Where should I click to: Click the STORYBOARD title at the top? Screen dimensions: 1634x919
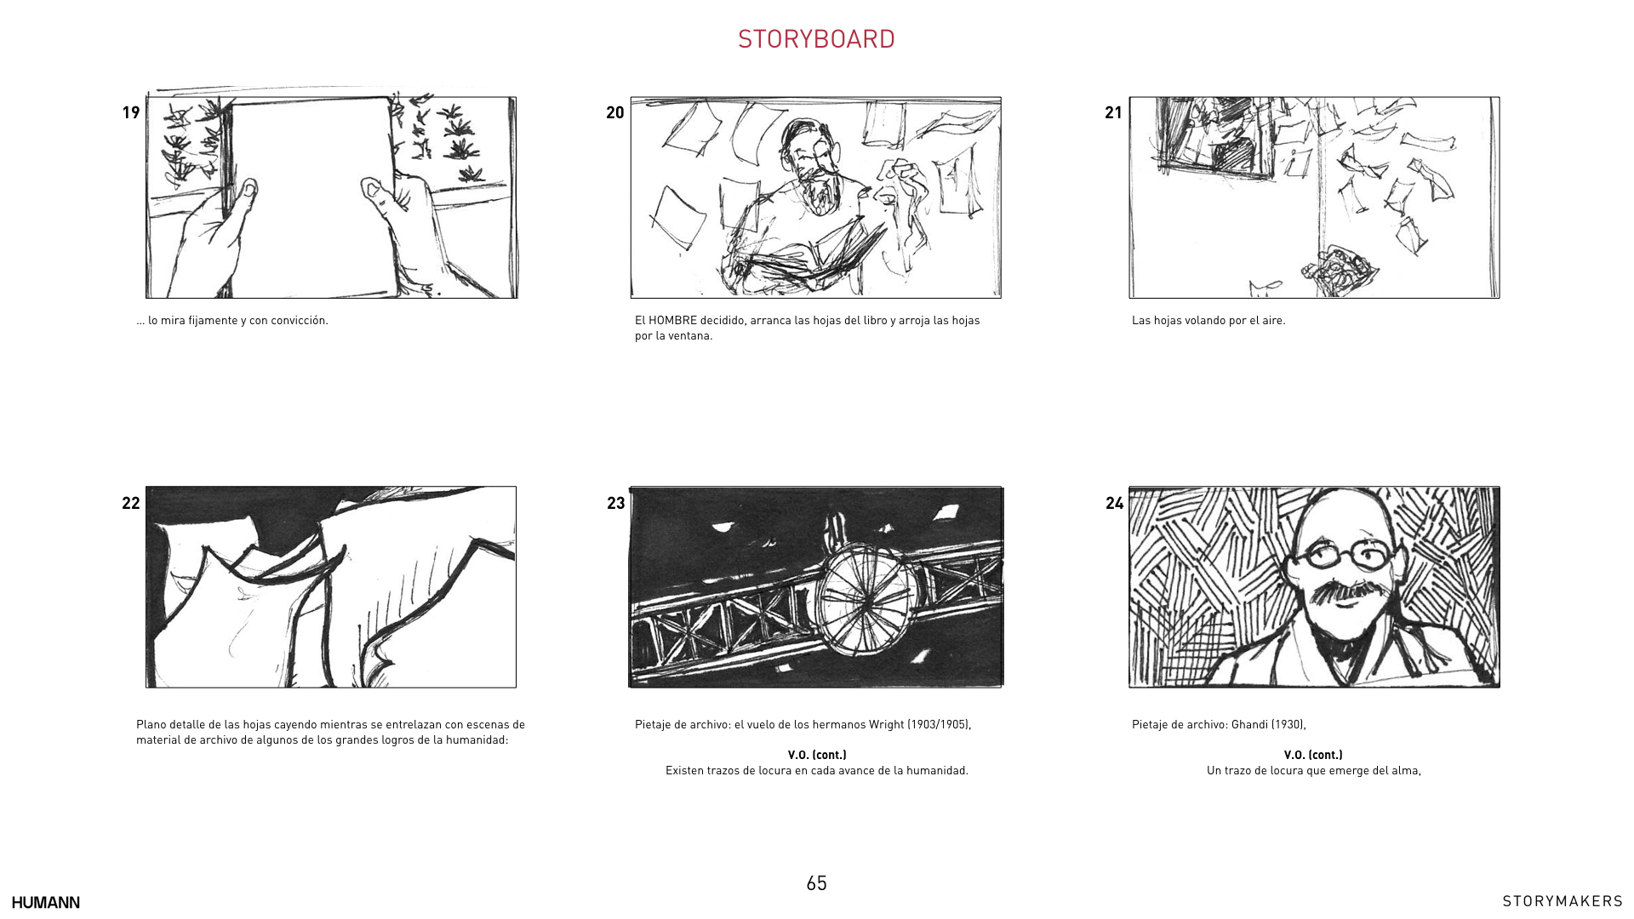pos(816,39)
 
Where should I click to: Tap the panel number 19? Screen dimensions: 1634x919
pos(131,112)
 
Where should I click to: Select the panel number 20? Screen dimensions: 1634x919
pos(615,112)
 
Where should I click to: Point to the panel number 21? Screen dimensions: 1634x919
pos(1114,112)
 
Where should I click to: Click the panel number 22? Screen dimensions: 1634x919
pos(131,503)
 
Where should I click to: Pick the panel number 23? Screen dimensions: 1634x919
pos(616,503)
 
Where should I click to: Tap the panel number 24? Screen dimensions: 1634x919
pos(1115,503)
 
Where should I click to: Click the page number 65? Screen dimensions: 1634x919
pos(816,883)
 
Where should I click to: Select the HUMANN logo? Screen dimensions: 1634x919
pos(46,902)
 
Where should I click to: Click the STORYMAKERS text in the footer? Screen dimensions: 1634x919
pos(1563,901)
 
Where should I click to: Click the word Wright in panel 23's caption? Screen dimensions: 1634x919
pos(886,725)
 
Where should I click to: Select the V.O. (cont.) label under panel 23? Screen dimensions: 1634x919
pos(817,755)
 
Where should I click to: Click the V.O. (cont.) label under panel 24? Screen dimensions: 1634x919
pos(1313,755)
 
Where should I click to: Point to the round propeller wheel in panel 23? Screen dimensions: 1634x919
pos(866,600)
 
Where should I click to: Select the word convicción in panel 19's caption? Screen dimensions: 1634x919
pos(299,321)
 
